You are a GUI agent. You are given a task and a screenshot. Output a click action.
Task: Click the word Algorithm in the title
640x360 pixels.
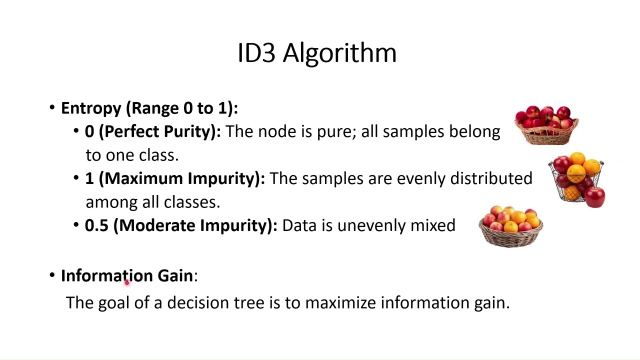pyautogui.click(x=339, y=53)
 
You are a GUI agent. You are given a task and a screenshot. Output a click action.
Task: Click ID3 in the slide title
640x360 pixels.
pyautogui.click(x=256, y=53)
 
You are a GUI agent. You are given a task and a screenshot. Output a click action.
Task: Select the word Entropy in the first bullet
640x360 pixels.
pyautogui.click(x=91, y=108)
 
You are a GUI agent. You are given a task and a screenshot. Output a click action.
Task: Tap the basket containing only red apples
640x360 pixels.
pyautogui.click(x=546, y=125)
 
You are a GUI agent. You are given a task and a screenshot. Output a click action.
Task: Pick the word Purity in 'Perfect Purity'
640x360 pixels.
pyautogui.click(x=190, y=131)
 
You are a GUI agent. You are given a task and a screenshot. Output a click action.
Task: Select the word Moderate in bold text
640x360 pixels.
pyautogui.click(x=157, y=225)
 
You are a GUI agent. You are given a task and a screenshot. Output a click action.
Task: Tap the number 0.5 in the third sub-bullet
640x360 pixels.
pyautogui.click(x=96, y=225)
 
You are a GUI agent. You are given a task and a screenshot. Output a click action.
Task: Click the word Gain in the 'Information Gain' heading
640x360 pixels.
pyautogui.click(x=175, y=275)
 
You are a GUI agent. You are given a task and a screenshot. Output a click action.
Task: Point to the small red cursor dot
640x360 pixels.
pyautogui.click(x=127, y=283)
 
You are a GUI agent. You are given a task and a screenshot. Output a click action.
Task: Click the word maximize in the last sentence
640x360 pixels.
pyautogui.click(x=341, y=302)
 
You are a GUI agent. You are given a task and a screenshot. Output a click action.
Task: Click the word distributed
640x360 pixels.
pyautogui.click(x=491, y=178)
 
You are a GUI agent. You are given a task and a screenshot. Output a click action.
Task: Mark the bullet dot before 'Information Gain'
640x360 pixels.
pyautogui.click(x=52, y=275)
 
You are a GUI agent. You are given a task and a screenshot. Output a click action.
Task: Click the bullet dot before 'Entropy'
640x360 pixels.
pyautogui.click(x=52, y=108)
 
